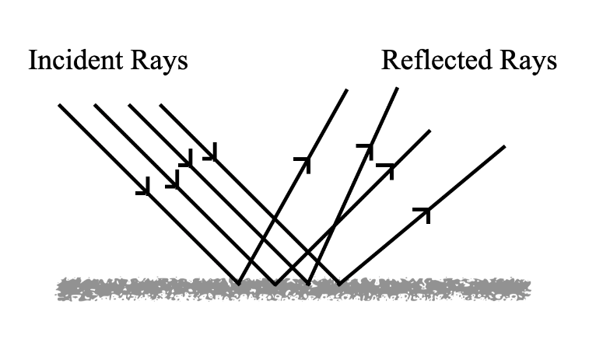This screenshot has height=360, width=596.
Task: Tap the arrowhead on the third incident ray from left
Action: point(187,159)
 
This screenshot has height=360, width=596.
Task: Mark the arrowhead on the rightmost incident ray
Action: point(211,154)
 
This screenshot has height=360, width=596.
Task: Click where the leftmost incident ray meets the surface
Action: point(238,283)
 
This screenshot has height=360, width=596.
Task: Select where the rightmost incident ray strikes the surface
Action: point(338,283)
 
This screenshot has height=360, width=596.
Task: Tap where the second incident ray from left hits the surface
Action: point(275,283)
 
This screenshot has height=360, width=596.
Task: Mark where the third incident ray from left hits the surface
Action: point(309,283)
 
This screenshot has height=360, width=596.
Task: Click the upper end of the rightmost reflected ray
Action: point(505,146)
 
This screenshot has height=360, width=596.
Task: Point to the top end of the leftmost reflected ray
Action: point(347,90)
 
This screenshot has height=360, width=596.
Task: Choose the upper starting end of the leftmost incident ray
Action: point(59,105)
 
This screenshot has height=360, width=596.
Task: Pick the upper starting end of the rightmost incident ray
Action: point(160,105)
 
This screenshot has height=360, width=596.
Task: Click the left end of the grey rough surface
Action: point(59,289)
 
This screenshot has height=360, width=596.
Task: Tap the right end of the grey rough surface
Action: point(529,289)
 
